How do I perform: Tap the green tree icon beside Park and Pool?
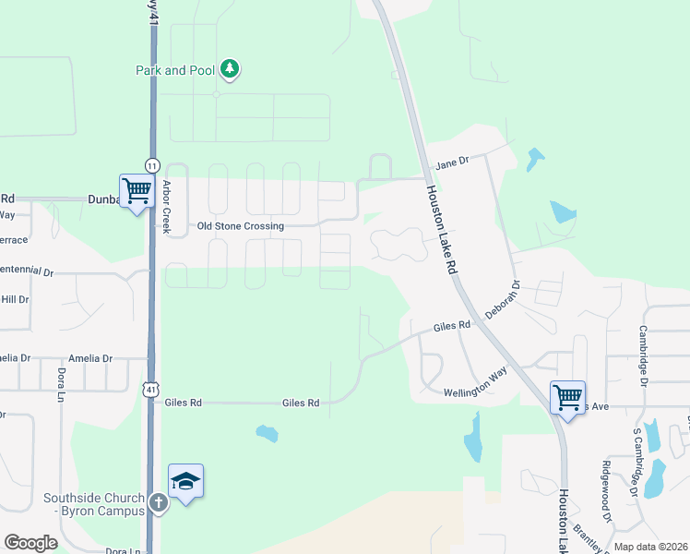(230, 69)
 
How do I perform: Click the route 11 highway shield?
(152, 164)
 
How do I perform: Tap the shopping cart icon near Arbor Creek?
(137, 191)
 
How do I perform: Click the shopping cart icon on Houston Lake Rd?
(567, 398)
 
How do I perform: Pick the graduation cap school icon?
(185, 481)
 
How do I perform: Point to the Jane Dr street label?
(452, 161)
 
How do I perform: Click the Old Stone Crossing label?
(241, 225)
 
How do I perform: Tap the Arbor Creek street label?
(167, 207)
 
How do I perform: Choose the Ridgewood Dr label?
(606, 484)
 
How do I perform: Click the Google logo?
(30, 542)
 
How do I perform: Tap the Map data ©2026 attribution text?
(650, 547)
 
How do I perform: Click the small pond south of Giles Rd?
(267, 433)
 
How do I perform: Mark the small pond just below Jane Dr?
(534, 160)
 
